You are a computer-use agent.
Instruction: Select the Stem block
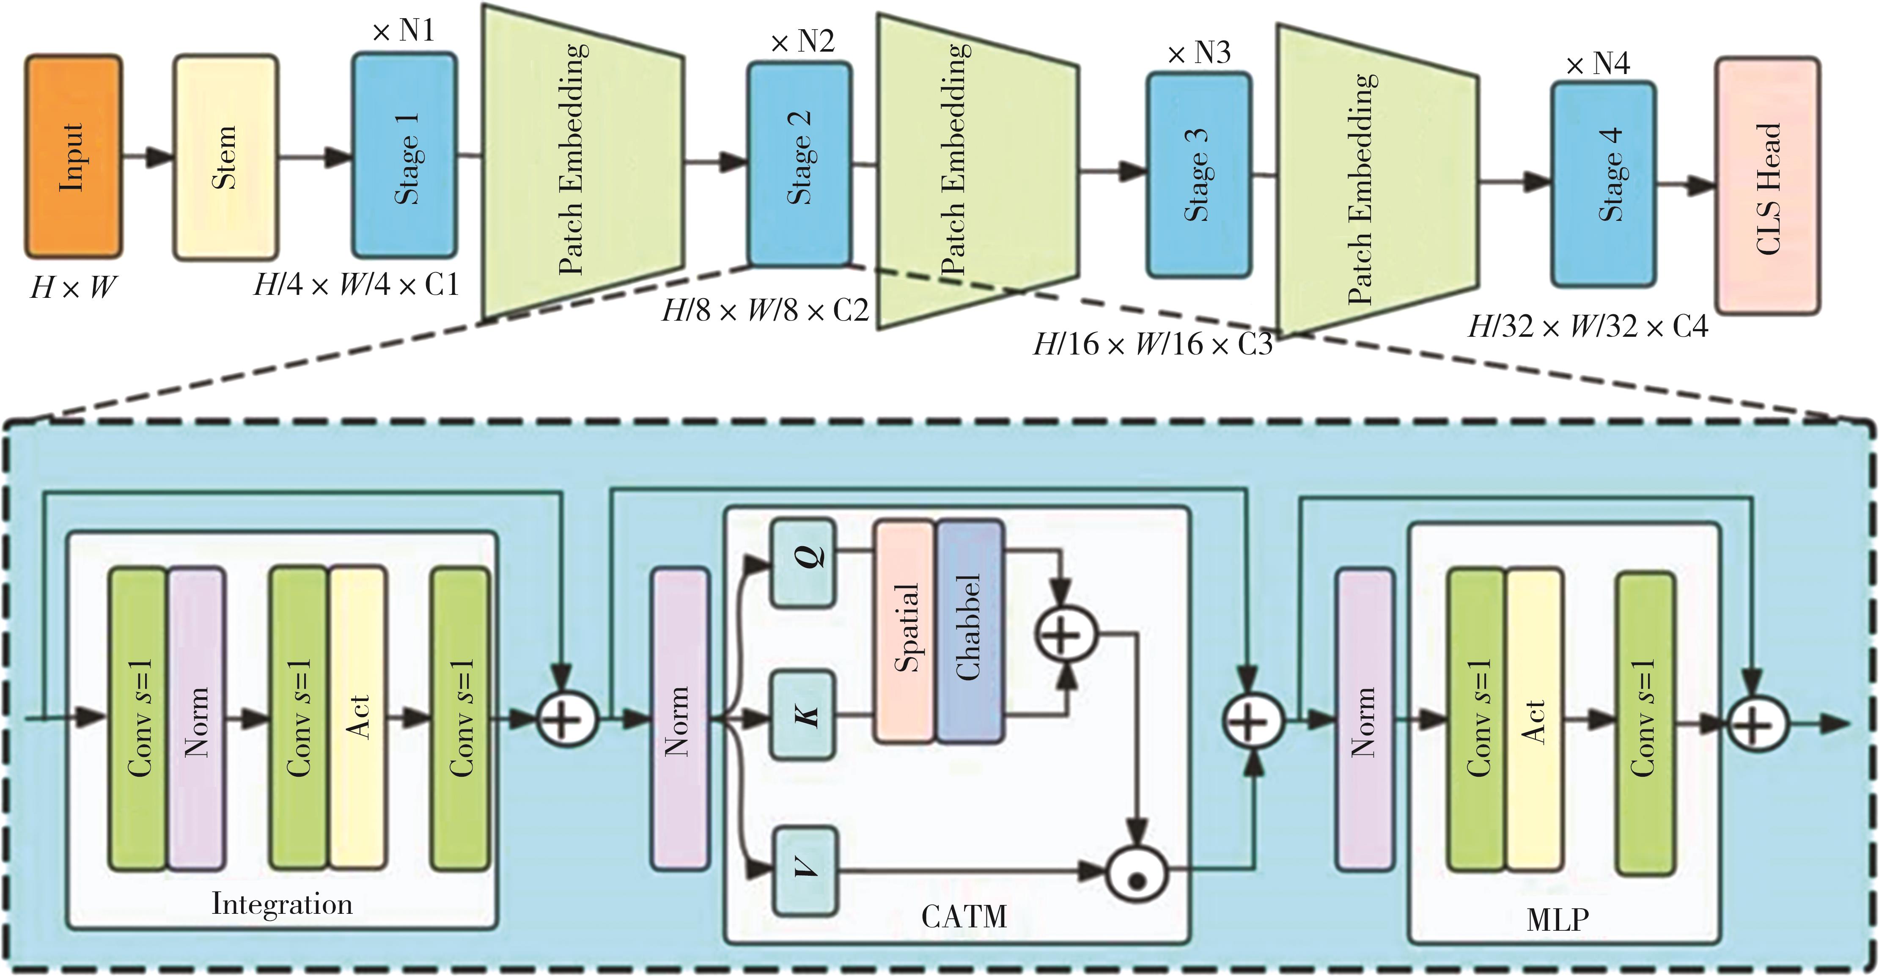point(225,157)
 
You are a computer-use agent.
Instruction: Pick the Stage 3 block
point(1198,175)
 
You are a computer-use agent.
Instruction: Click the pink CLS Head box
point(1767,187)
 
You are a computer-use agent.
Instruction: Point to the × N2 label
point(802,41)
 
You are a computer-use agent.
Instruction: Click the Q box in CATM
point(804,562)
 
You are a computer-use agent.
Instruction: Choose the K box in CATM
point(804,716)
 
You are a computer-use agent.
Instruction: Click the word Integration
point(282,904)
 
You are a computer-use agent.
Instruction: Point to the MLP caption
point(1558,919)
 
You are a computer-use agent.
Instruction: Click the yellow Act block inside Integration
point(357,718)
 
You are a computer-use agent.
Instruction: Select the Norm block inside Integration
point(196,718)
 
